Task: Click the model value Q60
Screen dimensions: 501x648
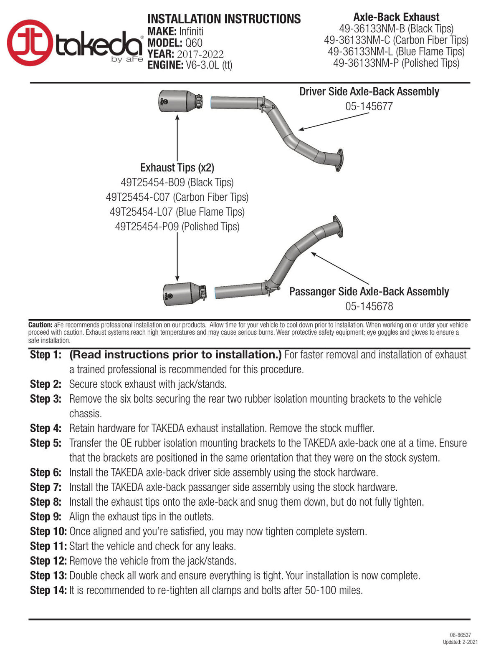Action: coord(194,43)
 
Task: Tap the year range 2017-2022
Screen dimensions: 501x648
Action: coord(200,54)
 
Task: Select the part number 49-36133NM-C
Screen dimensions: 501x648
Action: coord(357,40)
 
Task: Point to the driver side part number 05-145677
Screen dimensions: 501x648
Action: coord(369,106)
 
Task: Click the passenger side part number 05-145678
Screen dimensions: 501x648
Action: coord(369,306)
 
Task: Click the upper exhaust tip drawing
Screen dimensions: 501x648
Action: coord(180,101)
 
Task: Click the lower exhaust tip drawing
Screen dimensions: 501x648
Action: coord(185,294)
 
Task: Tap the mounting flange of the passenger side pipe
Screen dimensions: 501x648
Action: coord(337,227)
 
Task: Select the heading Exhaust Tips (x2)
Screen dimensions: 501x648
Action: coord(177,168)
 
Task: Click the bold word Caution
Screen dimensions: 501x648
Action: coord(40,325)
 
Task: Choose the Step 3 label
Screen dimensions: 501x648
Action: coord(46,399)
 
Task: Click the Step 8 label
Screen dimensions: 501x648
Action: coord(46,502)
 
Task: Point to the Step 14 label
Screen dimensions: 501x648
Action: coord(48,590)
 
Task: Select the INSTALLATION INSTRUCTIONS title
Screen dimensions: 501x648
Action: coord(224,19)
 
